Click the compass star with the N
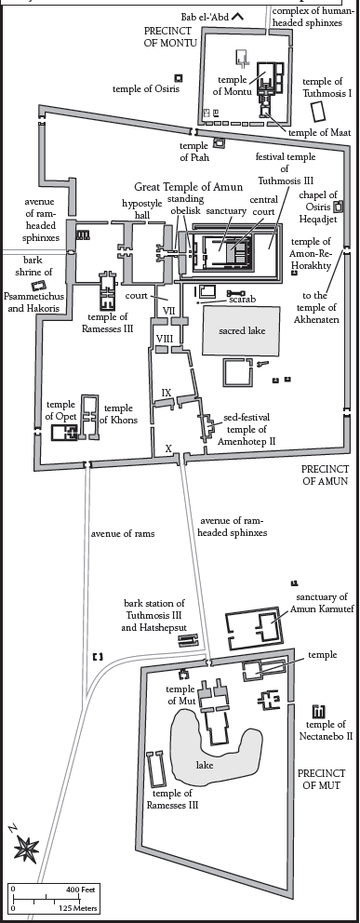(x=26, y=849)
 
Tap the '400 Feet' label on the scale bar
(x=81, y=889)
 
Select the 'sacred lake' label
(x=242, y=331)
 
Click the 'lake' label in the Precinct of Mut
(x=205, y=765)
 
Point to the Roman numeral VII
(x=168, y=310)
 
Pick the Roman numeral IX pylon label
(x=167, y=392)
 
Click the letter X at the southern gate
(x=168, y=448)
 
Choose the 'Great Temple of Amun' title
(x=188, y=187)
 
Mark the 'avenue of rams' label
(x=123, y=534)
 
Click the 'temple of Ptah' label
(x=194, y=152)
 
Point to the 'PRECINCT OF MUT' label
(x=321, y=779)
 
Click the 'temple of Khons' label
(x=118, y=414)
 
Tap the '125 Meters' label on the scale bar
(x=77, y=908)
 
